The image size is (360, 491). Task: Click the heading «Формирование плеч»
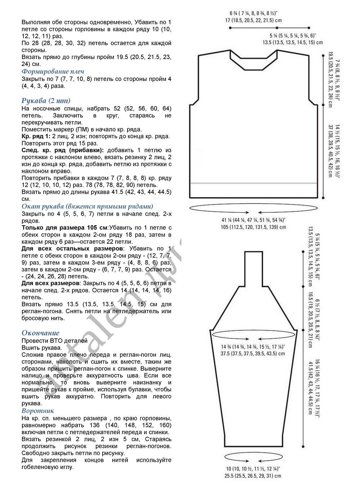[x=53, y=72]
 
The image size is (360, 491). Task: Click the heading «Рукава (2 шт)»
[x=46, y=100]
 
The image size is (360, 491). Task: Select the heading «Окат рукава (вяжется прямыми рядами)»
[x=87, y=206]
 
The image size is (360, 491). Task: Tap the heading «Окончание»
[x=40, y=333]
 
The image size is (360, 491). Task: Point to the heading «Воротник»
[x=38, y=411]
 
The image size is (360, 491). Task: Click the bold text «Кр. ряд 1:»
[x=36, y=136]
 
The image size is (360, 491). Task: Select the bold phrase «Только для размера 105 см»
[x=65, y=228]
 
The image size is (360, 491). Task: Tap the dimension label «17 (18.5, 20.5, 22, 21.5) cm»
[x=253, y=21]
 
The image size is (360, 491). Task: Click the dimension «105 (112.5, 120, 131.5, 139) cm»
[x=254, y=227]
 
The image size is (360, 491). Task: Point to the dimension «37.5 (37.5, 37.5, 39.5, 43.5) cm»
[x=253, y=353]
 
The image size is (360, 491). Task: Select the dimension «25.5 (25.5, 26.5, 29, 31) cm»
[x=253, y=476]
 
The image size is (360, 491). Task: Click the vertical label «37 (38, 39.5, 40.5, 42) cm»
[x=330, y=151]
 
